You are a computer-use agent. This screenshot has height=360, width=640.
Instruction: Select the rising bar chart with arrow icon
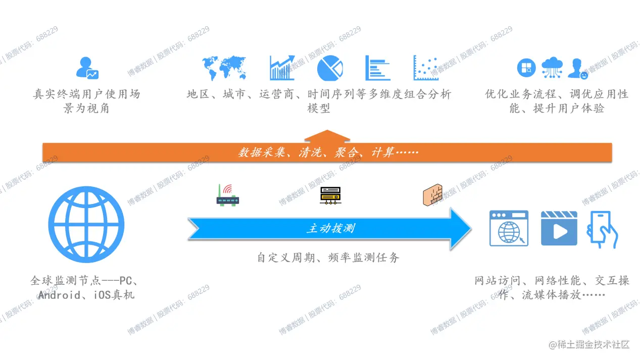click(282, 68)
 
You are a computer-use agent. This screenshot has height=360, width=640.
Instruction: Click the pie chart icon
click(329, 68)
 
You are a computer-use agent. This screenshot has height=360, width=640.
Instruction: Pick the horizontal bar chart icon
click(377, 68)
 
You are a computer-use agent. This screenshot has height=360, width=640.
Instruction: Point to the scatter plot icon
click(426, 68)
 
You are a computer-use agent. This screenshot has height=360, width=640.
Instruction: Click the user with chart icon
click(86, 68)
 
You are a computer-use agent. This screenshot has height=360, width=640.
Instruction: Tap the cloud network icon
click(552, 68)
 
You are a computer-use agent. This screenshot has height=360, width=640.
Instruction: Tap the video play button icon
click(559, 228)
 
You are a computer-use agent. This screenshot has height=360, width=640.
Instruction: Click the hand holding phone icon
click(601, 229)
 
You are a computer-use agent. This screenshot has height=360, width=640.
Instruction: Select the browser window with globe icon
click(509, 228)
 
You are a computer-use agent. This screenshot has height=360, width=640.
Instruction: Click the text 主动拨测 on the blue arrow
click(331, 229)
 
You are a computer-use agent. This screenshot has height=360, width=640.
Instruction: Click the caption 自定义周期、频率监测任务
click(328, 258)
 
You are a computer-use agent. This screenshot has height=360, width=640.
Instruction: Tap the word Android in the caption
click(60, 295)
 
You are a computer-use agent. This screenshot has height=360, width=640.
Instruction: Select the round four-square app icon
click(526, 68)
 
